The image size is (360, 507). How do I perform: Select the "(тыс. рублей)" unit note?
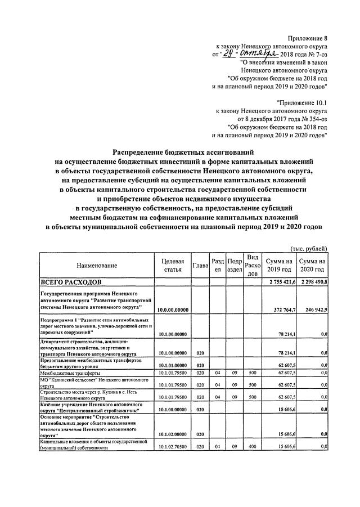click(308, 248)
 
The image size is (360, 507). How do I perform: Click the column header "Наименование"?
click(94, 265)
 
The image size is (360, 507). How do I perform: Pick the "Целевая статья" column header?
click(173, 265)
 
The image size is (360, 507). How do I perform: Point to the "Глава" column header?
click(201, 265)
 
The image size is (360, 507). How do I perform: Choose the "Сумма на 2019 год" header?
click(280, 265)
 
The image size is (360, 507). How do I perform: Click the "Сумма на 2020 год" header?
click(313, 265)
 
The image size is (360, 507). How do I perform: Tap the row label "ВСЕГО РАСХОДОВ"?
click(70, 281)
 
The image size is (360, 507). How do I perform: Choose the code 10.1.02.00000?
click(173, 434)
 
